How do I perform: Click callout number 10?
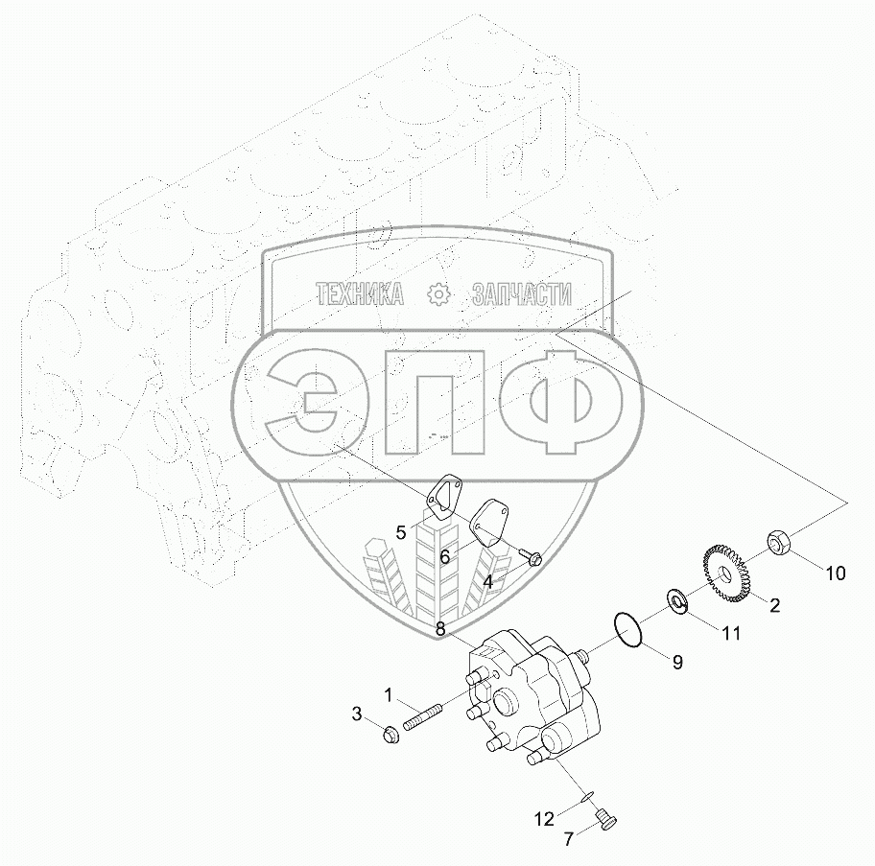click(x=835, y=573)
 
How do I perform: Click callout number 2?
click(x=774, y=605)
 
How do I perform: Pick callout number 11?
click(x=731, y=633)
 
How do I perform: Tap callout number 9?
click(x=677, y=663)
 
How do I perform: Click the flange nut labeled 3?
click(x=391, y=735)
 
